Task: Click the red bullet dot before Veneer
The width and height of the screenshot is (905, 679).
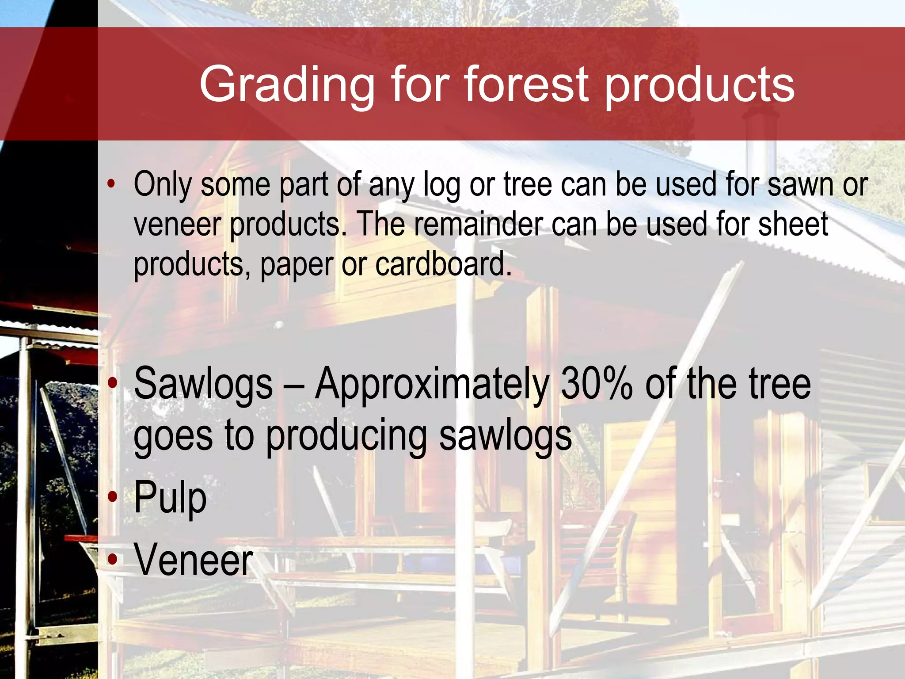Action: (x=113, y=560)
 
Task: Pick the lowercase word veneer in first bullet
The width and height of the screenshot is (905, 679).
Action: (x=177, y=225)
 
